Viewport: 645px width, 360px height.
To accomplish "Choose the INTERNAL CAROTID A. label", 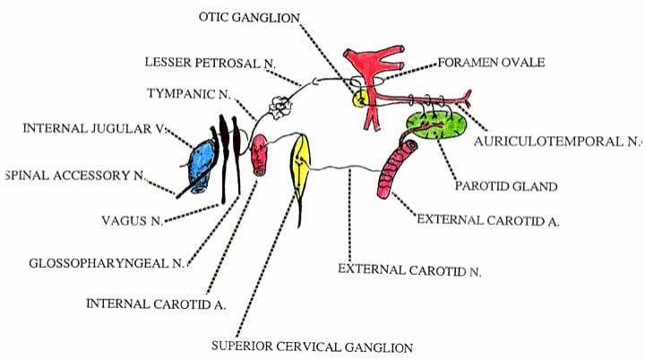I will [157, 303].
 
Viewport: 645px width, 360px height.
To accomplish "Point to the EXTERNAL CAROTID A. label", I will [488, 219].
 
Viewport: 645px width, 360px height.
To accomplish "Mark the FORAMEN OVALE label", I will [492, 63].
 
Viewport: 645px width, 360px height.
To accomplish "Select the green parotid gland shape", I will [436, 125].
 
